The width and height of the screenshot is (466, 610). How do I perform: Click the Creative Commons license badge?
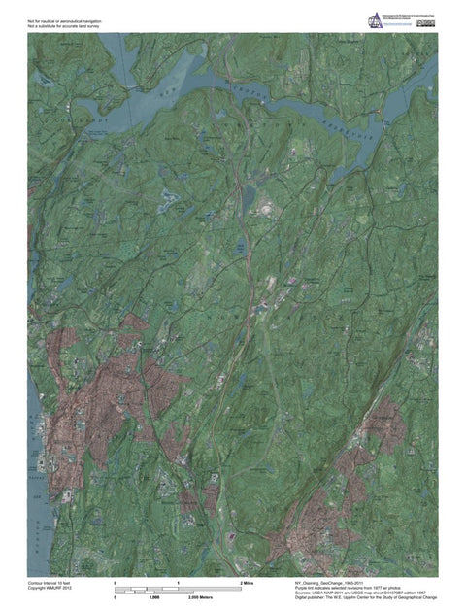point(426,23)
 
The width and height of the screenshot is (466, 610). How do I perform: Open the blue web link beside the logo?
point(400,27)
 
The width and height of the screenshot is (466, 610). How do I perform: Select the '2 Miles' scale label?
point(247,582)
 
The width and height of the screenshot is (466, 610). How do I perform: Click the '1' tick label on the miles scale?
point(179,582)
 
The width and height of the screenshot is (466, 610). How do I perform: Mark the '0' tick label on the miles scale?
point(116,582)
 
